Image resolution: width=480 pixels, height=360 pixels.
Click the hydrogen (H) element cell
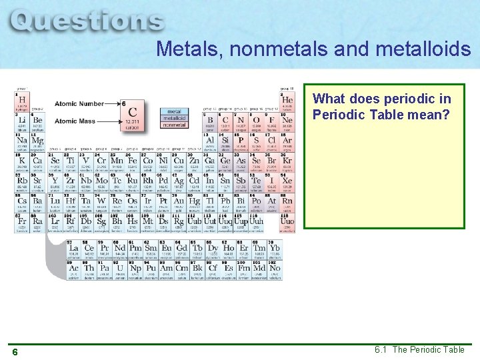click(21, 102)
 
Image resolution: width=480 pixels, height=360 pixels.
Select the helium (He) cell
click(287, 102)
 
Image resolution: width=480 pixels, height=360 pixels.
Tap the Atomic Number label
click(79, 104)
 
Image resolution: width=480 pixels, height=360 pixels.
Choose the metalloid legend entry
click(174, 118)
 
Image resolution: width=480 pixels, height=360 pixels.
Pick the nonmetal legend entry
click(174, 125)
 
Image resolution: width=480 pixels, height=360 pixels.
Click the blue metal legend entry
click(174, 111)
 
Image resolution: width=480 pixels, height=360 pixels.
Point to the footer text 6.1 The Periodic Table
click(419, 350)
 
